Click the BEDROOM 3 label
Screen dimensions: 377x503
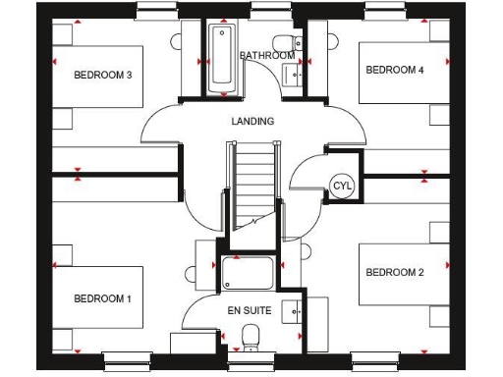coord(103,74)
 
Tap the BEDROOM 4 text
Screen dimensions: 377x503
coord(395,70)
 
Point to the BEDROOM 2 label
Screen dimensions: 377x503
coord(395,272)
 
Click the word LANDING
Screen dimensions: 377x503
coord(252,122)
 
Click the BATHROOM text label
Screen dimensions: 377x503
coord(267,56)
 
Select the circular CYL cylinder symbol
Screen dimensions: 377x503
coord(341,185)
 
